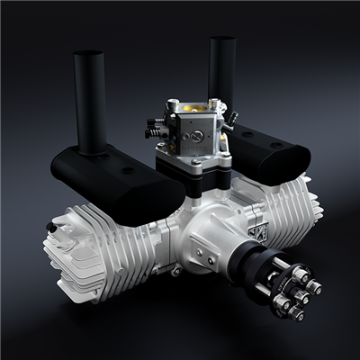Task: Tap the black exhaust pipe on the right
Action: coord(221,81)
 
